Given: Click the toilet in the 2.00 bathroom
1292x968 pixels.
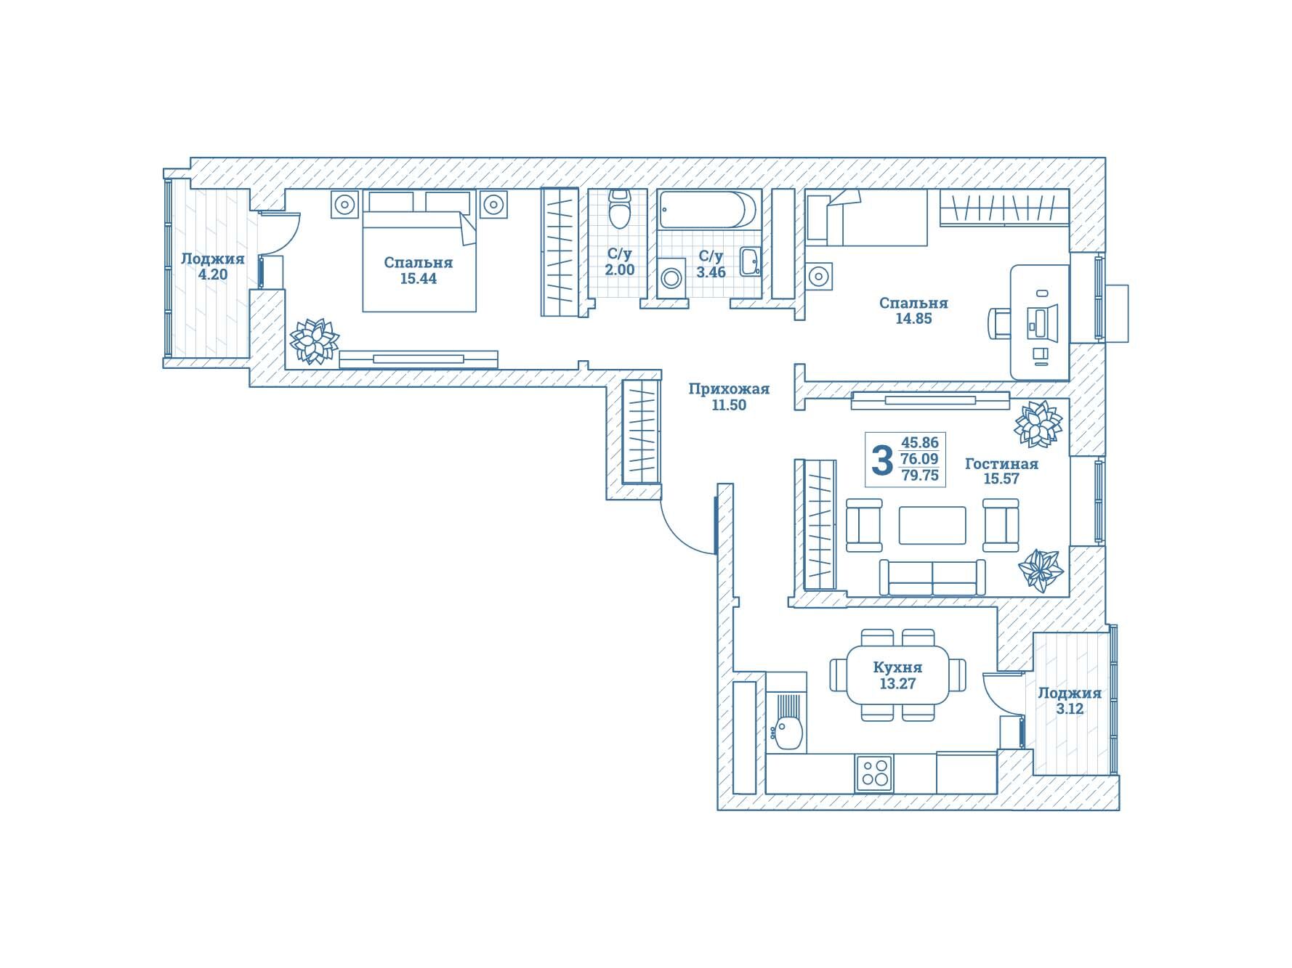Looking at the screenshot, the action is (x=618, y=209).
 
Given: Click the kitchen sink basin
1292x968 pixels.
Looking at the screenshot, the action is (x=788, y=732).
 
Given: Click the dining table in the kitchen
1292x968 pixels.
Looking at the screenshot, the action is (x=898, y=675).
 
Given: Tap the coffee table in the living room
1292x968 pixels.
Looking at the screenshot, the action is (x=932, y=525).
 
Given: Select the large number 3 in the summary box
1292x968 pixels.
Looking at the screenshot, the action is (x=881, y=460).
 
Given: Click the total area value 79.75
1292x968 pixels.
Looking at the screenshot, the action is (x=920, y=476).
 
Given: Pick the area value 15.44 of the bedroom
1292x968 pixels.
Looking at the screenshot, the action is (x=419, y=278).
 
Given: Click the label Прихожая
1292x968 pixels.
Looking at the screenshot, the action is (x=729, y=389).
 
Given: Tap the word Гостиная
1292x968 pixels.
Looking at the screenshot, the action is (x=1001, y=463).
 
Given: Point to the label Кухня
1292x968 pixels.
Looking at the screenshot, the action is (x=897, y=667).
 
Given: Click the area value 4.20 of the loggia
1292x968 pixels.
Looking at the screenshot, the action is (x=213, y=274).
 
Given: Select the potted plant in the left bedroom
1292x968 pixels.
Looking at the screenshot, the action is (x=315, y=341).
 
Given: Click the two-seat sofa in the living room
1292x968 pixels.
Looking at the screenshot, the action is (x=932, y=577).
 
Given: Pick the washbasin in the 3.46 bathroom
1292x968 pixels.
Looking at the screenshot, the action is (x=750, y=262).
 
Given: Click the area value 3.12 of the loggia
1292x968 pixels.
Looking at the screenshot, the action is (x=1070, y=709).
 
